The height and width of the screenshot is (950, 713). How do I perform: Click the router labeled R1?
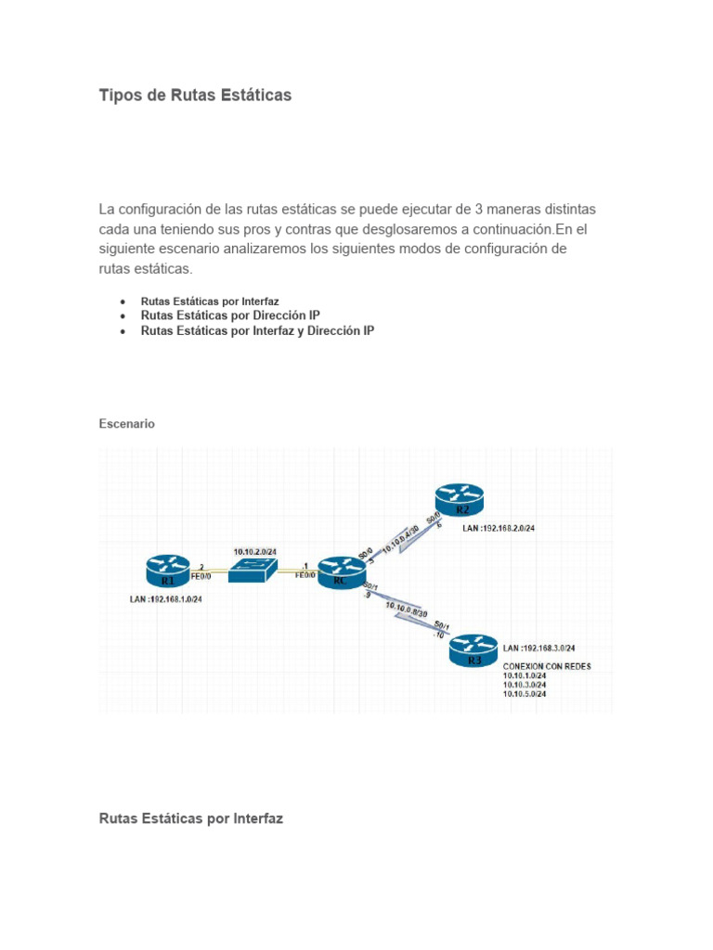(x=168, y=571)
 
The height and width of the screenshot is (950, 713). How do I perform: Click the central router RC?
(x=340, y=571)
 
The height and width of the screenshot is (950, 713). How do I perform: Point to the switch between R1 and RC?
(x=251, y=571)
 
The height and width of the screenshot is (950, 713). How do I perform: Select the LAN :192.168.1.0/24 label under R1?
(x=166, y=598)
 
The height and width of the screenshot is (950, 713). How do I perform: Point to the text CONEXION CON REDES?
(x=547, y=666)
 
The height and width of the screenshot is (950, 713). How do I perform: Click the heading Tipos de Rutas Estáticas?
(x=195, y=96)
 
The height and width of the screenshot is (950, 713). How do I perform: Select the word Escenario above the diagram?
(x=126, y=423)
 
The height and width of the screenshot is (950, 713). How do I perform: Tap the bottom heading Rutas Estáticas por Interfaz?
(x=190, y=818)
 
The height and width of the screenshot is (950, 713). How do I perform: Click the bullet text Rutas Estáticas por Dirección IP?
(x=230, y=315)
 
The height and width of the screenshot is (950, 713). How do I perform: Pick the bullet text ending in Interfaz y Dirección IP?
(x=257, y=330)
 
